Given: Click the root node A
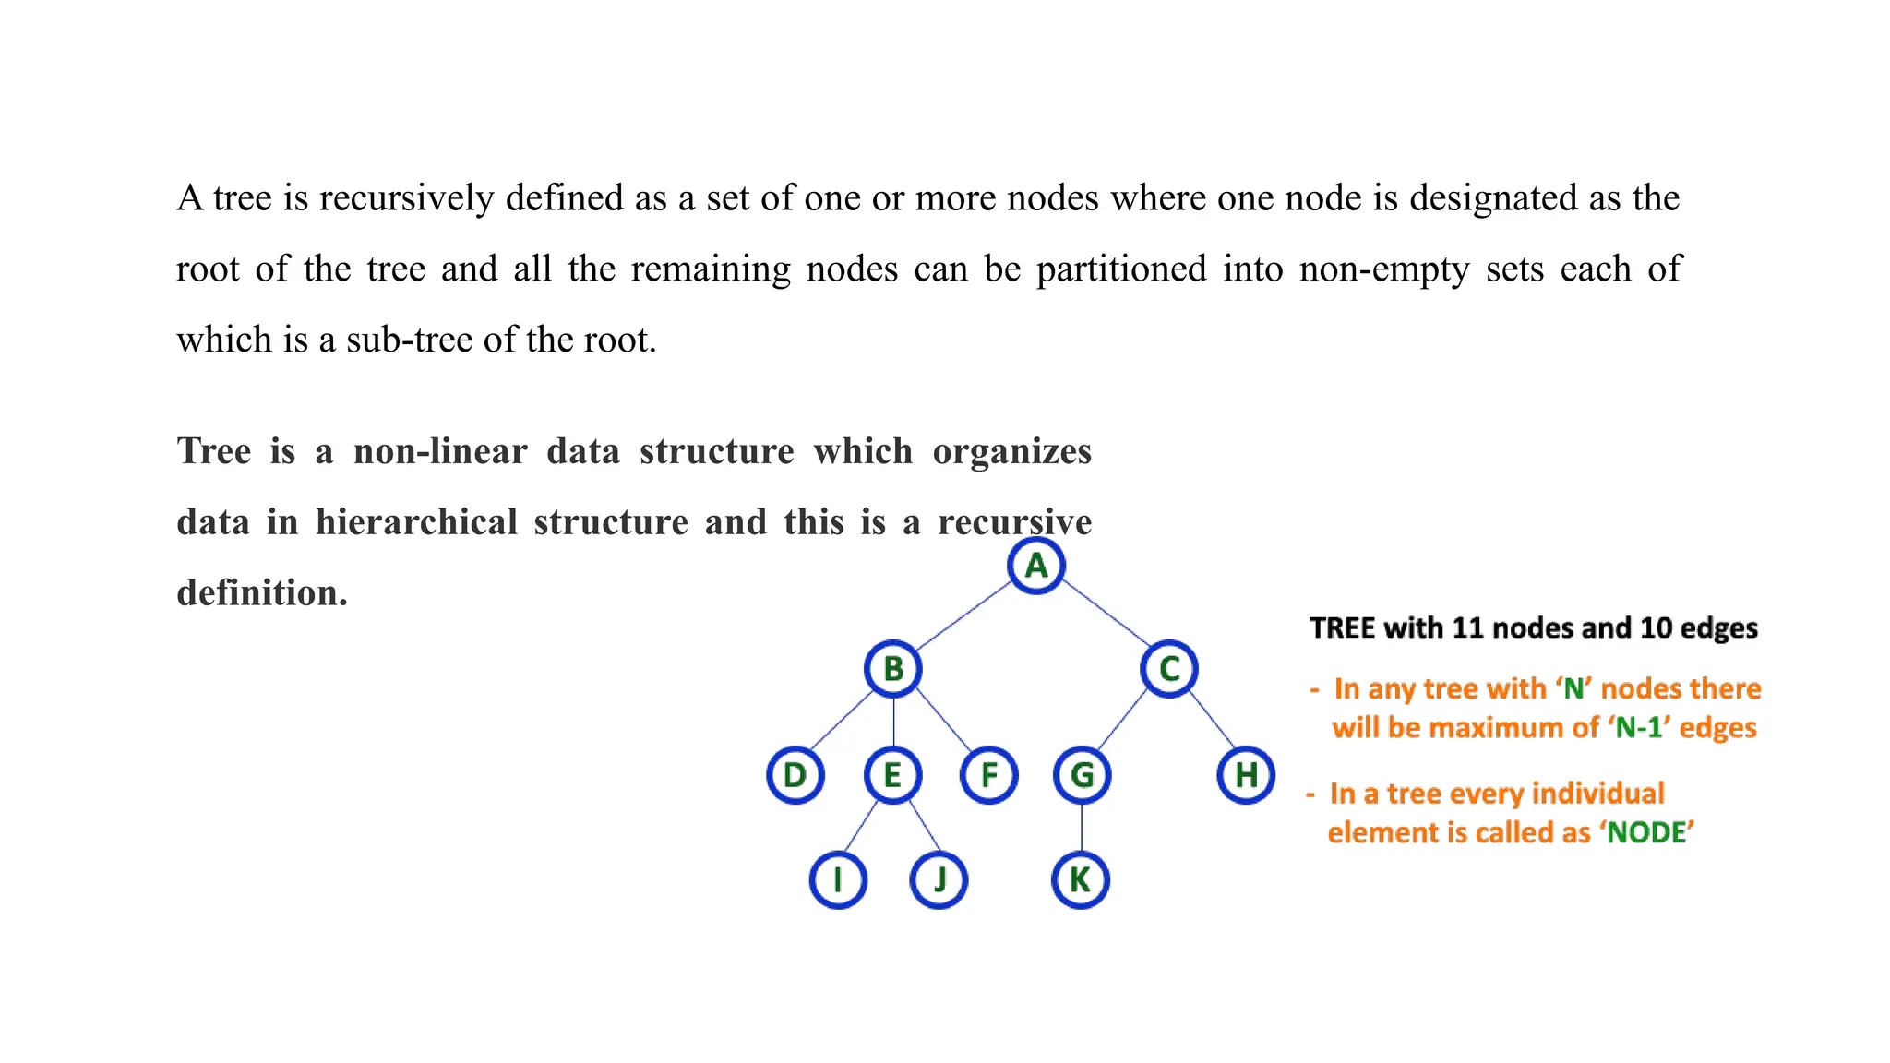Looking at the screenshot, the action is (x=1036, y=566).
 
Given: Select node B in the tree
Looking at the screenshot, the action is (x=892, y=669).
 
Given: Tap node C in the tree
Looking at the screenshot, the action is (x=1169, y=669).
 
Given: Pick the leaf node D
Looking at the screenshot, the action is (x=795, y=775).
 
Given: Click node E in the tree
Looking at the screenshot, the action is (x=892, y=775).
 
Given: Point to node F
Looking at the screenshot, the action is (x=988, y=775).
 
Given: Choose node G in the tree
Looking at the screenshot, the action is (x=1082, y=775).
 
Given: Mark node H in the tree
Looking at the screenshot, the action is (x=1246, y=775).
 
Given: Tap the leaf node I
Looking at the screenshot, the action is (x=838, y=880).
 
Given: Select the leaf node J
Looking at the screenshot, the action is (x=939, y=880).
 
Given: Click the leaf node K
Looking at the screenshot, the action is (x=1080, y=880).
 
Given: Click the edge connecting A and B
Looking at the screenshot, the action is (x=964, y=616).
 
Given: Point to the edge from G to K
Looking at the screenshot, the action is (x=1082, y=828).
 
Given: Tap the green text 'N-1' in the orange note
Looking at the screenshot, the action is (x=1641, y=728).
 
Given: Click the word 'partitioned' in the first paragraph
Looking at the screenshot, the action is (x=1121, y=269).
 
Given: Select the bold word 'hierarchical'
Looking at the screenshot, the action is (x=416, y=522).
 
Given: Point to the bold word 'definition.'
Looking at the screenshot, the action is (x=262, y=593).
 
